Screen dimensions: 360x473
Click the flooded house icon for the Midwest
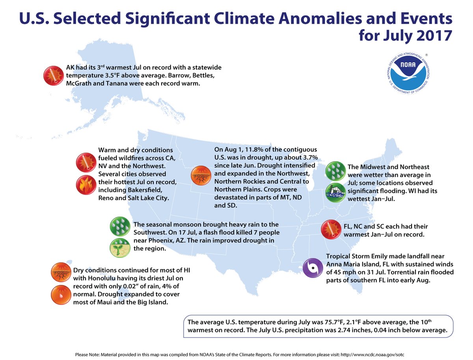click(x=336, y=192)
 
